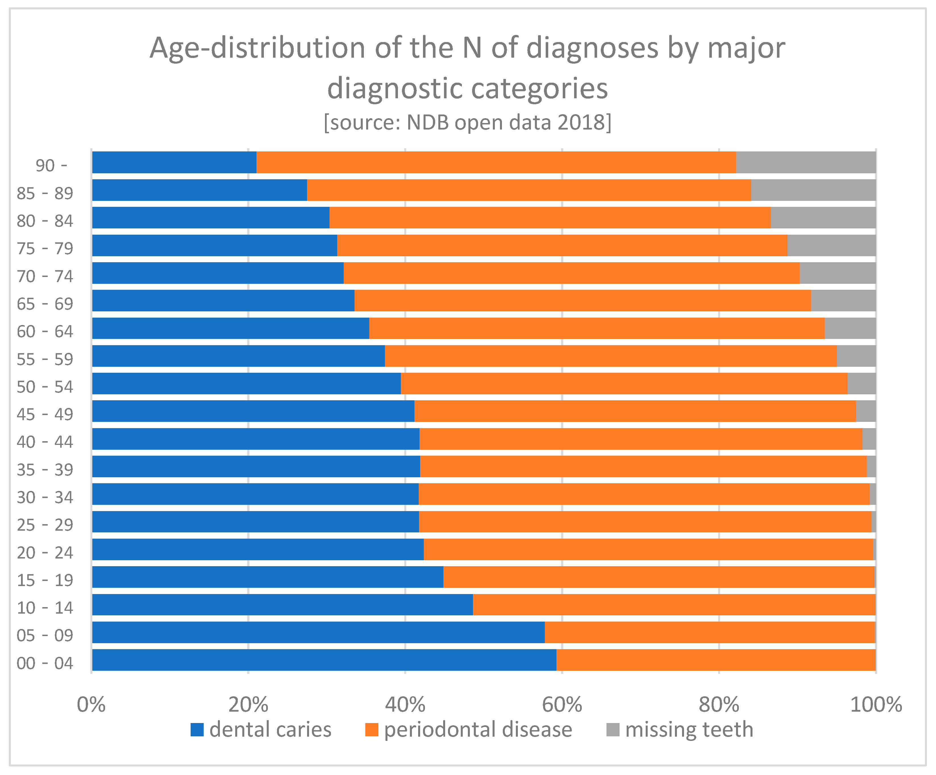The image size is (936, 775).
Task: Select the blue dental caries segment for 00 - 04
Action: tap(324, 660)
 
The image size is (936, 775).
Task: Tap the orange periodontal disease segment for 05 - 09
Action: tap(710, 632)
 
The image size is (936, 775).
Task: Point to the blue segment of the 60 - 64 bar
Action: tap(230, 328)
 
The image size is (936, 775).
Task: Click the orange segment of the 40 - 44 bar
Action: tap(641, 439)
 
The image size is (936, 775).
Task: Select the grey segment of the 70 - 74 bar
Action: tap(837, 273)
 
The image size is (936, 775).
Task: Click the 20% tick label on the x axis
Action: tap(248, 705)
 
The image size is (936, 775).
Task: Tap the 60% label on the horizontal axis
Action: tap(562, 705)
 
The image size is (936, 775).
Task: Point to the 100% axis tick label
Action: tap(876, 705)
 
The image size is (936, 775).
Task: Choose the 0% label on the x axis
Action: tap(91, 705)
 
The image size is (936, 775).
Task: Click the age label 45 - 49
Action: tap(45, 414)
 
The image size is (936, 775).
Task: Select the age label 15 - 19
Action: tap(45, 580)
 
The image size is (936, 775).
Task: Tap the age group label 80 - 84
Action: tap(45, 221)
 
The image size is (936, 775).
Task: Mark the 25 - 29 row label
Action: tap(45, 525)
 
